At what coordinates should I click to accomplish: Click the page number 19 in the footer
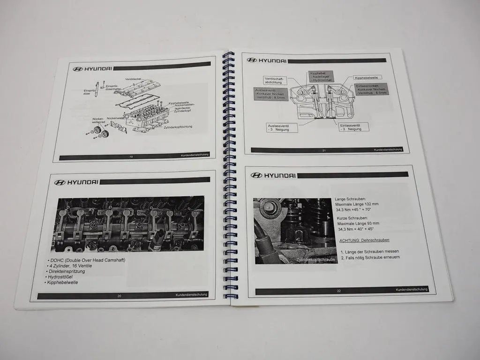[x=130, y=157]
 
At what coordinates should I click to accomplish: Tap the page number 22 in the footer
[x=338, y=291]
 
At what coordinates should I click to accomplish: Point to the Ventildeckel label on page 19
[x=134, y=79]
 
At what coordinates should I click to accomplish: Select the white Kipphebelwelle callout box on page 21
[x=368, y=77]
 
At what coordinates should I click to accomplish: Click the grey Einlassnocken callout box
[x=371, y=90]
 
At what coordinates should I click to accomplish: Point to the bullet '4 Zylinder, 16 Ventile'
[x=71, y=266]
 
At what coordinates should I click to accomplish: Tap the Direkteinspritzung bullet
[x=67, y=271]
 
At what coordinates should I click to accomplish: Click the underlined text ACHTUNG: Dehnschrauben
[x=364, y=240]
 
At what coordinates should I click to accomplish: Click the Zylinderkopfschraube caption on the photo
[x=316, y=259]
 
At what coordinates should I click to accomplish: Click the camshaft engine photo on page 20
[x=130, y=224]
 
